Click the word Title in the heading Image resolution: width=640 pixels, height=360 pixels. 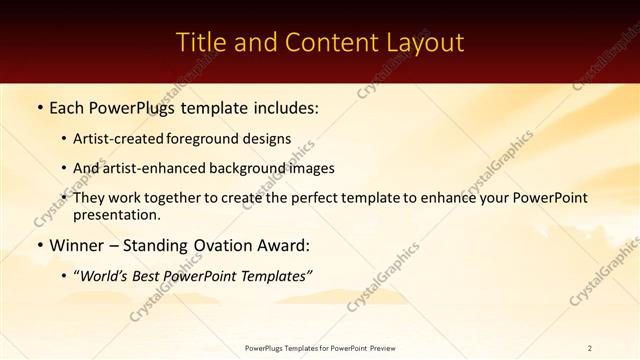point(200,43)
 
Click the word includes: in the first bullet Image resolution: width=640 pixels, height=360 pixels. point(281,106)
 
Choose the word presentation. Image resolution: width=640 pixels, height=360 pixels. point(115,215)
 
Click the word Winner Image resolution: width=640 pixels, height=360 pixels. point(77,246)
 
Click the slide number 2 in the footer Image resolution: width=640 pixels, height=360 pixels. point(589,348)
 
